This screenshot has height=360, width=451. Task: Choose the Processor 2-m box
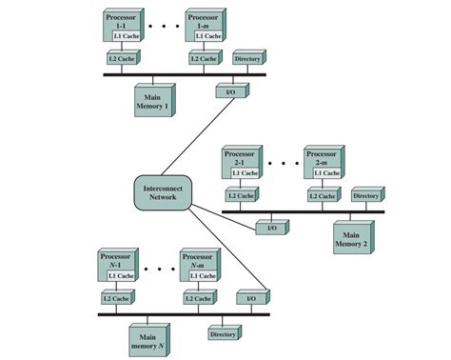[323, 156]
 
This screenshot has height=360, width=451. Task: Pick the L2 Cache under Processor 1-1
[122, 59]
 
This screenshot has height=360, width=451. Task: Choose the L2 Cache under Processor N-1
[115, 298]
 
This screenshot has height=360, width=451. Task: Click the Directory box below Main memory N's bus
[223, 333]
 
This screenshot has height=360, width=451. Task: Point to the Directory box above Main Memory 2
[366, 195]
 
